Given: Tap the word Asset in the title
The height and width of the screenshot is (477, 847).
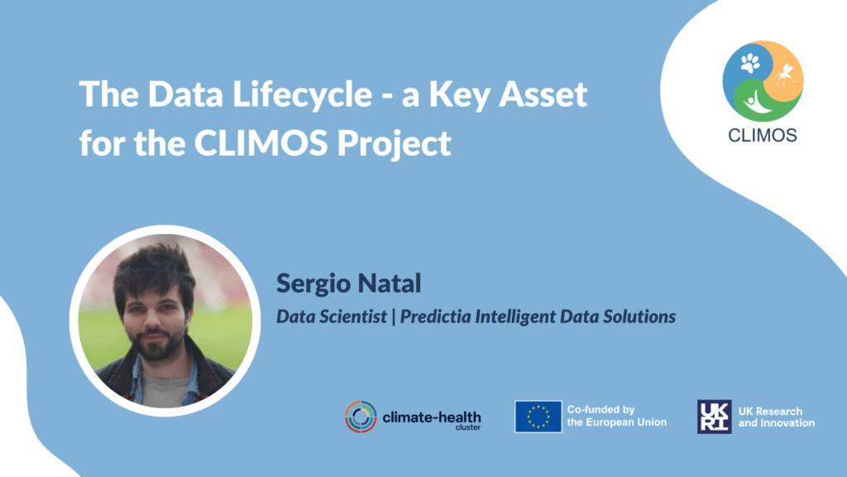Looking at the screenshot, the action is coord(543,94).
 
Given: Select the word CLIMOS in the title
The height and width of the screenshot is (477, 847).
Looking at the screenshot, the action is coord(261,142).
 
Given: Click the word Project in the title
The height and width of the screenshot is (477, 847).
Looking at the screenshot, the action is coord(395,144).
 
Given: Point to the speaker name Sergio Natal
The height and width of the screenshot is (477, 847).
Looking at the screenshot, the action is coord(348,283).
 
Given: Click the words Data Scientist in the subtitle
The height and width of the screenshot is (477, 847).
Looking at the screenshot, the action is coord(332,316).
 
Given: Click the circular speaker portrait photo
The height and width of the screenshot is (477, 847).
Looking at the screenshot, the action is coord(165,320).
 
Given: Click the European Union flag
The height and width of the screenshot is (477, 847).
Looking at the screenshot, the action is coord(538,417).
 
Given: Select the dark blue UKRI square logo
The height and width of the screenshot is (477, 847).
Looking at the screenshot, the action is coord(714,417).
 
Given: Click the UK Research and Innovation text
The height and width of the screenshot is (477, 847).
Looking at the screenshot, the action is coord(776,417).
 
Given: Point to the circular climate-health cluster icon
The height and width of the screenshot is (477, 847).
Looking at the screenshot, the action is coord(361,417).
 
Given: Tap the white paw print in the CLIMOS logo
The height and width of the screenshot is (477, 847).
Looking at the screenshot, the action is coord(750,63).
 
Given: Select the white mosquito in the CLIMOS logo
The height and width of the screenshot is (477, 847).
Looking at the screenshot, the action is coord(784,74).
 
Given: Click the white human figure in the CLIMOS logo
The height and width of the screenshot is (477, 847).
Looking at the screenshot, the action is coord(757,101).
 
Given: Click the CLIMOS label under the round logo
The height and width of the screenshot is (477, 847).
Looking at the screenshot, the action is coord(763,135).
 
